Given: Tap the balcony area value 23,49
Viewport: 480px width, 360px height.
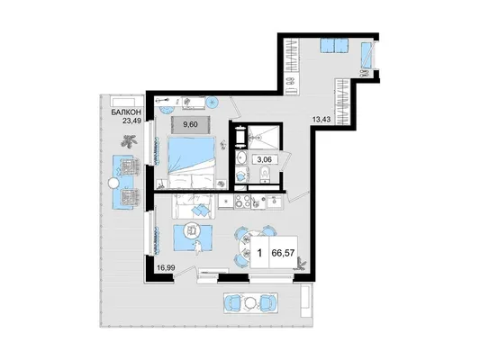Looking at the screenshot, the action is [x=131, y=121].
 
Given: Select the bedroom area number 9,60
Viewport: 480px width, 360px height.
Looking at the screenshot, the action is [x=190, y=124].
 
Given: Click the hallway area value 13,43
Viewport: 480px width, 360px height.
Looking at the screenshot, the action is [x=322, y=120].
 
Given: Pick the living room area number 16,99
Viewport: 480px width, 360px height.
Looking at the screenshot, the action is [x=166, y=268].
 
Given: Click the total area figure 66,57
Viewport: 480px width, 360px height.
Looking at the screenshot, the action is [x=283, y=253].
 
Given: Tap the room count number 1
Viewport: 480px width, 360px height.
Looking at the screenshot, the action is [x=259, y=253].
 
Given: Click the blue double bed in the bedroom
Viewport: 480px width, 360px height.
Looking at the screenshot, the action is [x=191, y=162].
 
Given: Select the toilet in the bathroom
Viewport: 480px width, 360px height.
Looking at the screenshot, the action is [x=264, y=175].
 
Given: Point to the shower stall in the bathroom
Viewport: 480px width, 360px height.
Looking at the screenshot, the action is [x=263, y=138].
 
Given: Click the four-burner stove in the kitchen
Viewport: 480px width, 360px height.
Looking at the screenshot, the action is [x=242, y=202].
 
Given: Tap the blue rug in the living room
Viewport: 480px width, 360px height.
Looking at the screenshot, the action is [x=193, y=238].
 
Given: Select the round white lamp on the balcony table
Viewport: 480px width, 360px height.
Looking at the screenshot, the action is [x=113, y=184].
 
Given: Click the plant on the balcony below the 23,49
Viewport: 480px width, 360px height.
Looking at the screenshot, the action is [x=129, y=141].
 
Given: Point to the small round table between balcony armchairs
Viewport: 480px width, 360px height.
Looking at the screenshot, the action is [x=250, y=302].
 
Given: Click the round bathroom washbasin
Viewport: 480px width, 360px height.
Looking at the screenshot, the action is [x=242, y=157].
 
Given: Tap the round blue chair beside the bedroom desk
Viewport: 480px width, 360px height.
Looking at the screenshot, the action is [x=212, y=103].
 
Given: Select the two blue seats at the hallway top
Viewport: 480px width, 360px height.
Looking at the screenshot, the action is [x=335, y=46].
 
